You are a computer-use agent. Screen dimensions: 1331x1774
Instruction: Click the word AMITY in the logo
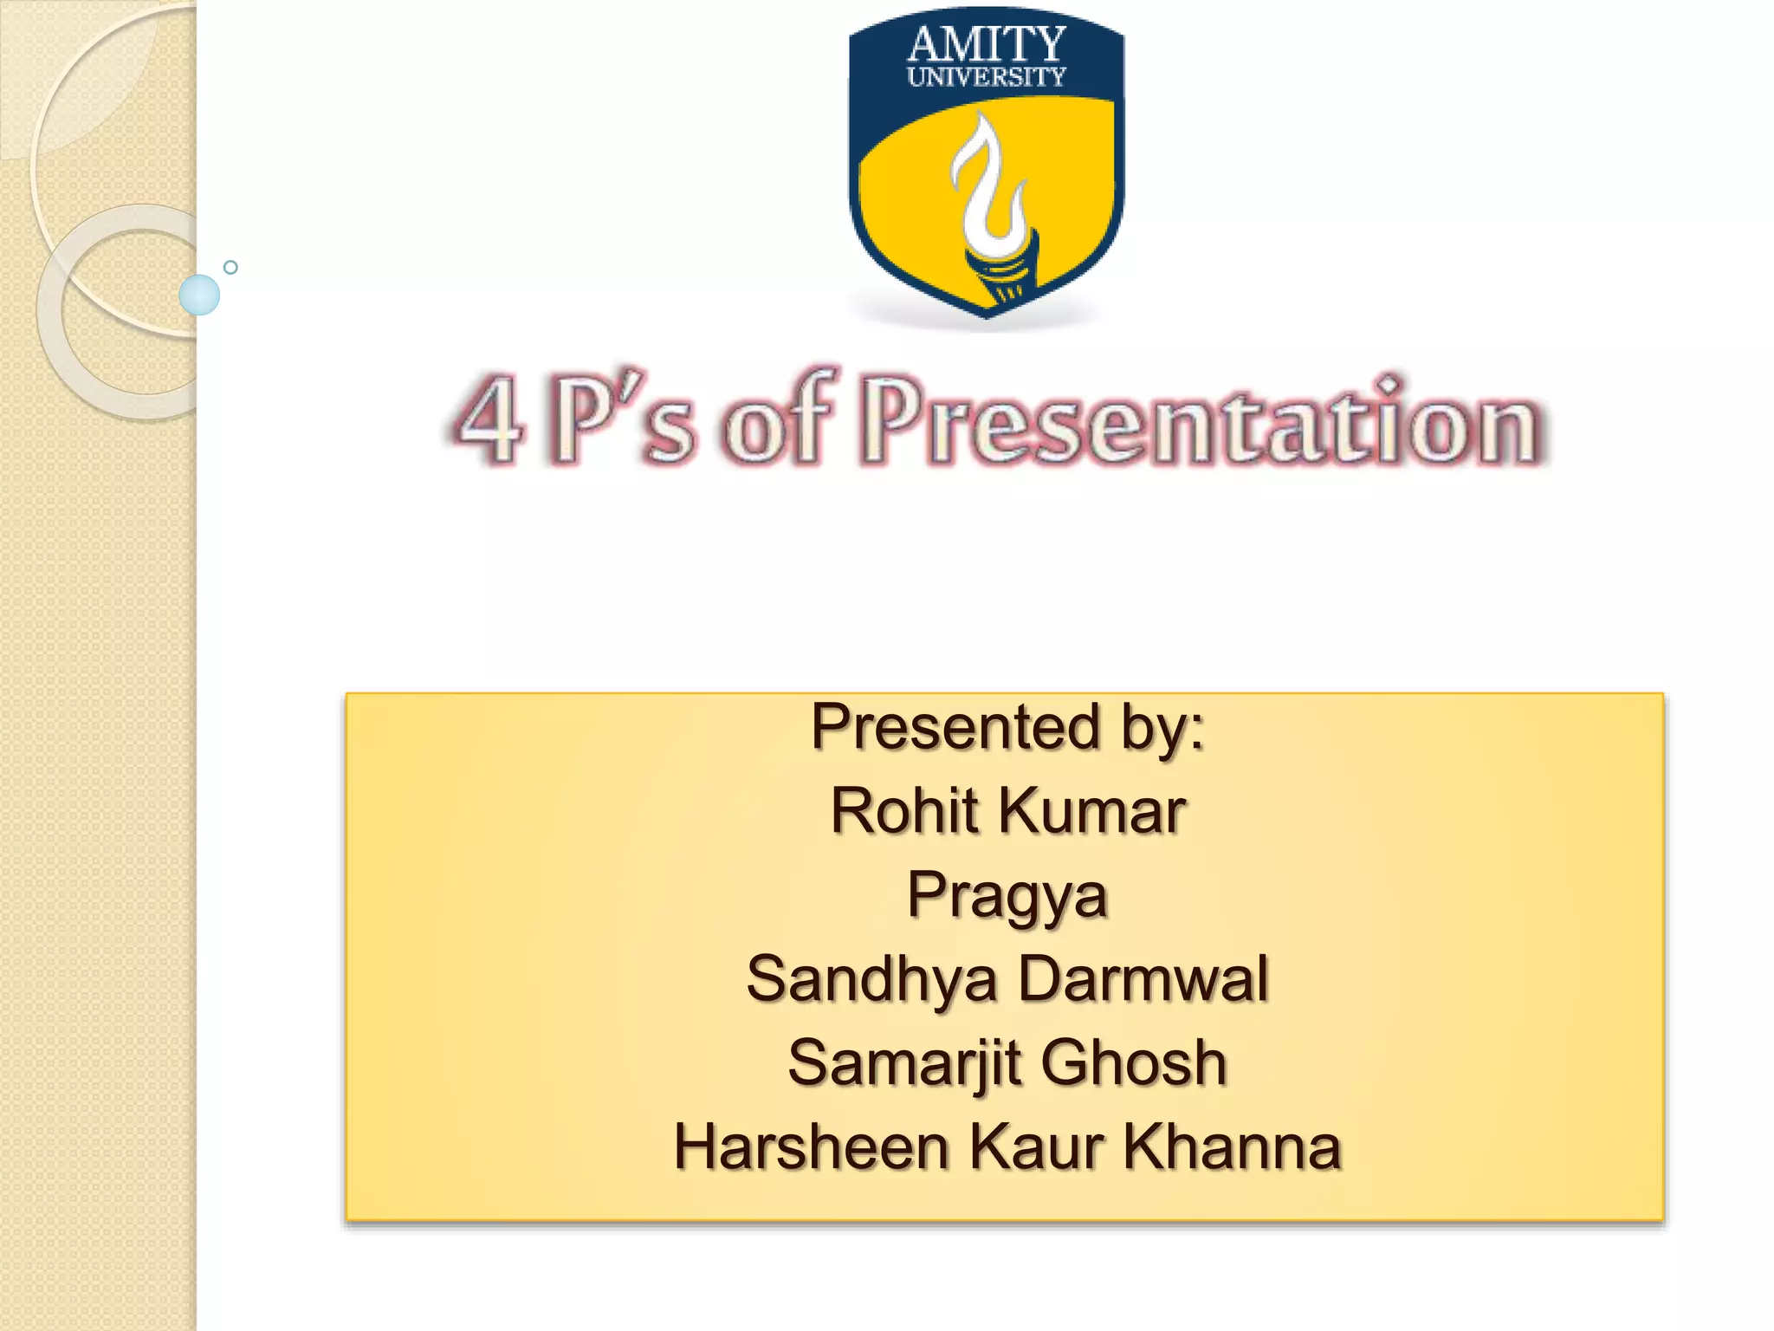tap(986, 44)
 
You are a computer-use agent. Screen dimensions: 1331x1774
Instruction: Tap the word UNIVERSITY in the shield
tap(986, 77)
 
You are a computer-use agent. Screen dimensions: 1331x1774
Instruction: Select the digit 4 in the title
tap(490, 420)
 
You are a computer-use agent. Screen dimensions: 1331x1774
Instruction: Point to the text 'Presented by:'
tap(1007, 727)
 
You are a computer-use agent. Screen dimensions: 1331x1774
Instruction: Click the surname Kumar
tap(1092, 812)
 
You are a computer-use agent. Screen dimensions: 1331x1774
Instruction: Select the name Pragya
tap(1007, 896)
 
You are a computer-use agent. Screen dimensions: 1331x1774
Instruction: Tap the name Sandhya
tap(871, 979)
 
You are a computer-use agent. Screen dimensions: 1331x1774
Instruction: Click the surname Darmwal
tap(1143, 979)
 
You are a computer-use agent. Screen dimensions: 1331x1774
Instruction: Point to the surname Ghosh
tap(1134, 1063)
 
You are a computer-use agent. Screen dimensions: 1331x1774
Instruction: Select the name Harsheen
tap(811, 1147)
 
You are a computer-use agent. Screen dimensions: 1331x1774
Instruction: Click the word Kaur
tap(1036, 1147)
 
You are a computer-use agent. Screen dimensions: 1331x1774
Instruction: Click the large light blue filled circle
tap(199, 295)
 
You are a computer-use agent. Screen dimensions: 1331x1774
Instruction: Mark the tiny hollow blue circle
tap(230, 268)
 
